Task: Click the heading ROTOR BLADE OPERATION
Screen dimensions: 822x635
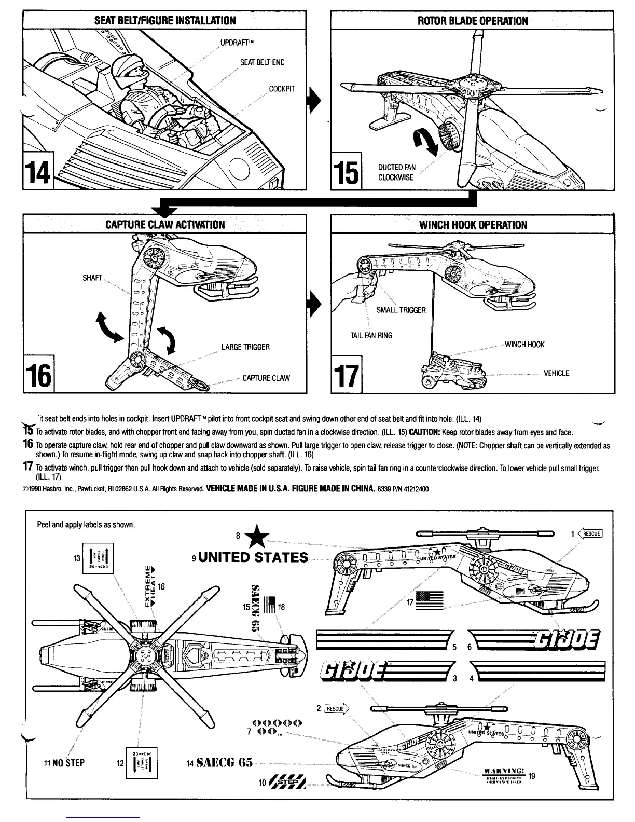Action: coord(473,21)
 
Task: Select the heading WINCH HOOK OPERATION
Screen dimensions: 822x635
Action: coord(473,225)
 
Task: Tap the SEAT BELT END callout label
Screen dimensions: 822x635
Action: coord(262,62)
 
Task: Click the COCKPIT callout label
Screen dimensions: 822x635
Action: coord(282,88)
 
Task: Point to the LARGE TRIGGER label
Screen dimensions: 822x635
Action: coord(245,347)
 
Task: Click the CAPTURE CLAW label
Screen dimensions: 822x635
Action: coord(267,378)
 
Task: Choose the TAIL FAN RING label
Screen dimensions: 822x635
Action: coord(371,335)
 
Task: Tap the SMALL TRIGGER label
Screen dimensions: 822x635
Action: coord(401,310)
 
